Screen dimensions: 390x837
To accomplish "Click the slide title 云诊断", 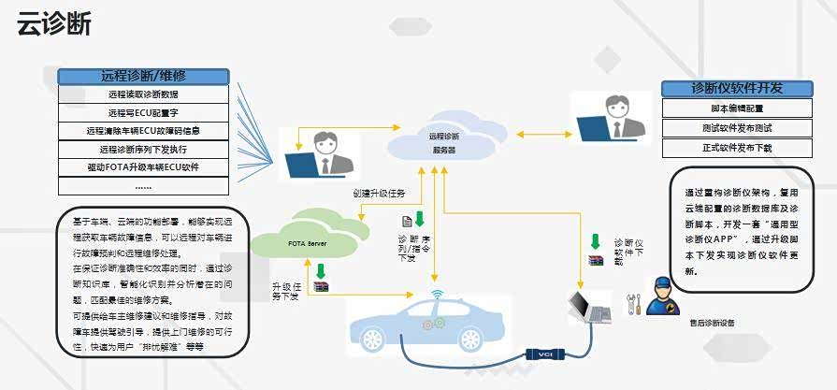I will (54, 25).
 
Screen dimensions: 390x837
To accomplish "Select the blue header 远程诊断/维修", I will (143, 76).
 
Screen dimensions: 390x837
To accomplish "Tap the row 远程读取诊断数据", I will (143, 94).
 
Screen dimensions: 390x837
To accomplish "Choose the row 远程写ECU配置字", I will (143, 112).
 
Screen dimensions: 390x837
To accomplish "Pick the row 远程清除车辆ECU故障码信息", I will (143, 131).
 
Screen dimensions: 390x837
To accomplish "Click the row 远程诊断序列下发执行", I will (143, 149).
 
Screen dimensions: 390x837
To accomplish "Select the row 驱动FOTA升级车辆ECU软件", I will (143, 167).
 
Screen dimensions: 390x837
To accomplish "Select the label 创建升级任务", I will (379, 194).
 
